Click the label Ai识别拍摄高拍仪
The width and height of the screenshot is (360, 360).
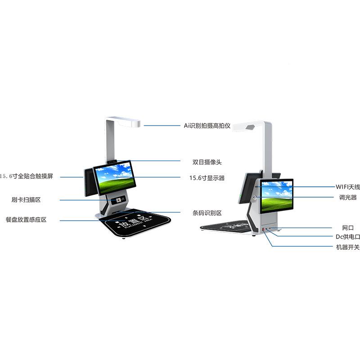pyautogui.click(x=207, y=126)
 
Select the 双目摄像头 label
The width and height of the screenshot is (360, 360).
pyautogui.click(x=207, y=162)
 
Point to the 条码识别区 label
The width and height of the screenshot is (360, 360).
pyautogui.click(x=207, y=213)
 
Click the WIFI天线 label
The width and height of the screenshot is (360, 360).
pyautogui.click(x=348, y=186)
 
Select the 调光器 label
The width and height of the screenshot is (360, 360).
pyautogui.click(x=348, y=197)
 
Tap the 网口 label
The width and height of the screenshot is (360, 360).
pyautogui.click(x=348, y=228)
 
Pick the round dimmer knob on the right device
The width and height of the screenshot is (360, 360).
pyautogui.click(x=255, y=197)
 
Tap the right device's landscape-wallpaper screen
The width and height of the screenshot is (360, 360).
pyautogui.click(x=277, y=196)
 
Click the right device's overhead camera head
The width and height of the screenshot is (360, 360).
pyautogui.click(x=250, y=127)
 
